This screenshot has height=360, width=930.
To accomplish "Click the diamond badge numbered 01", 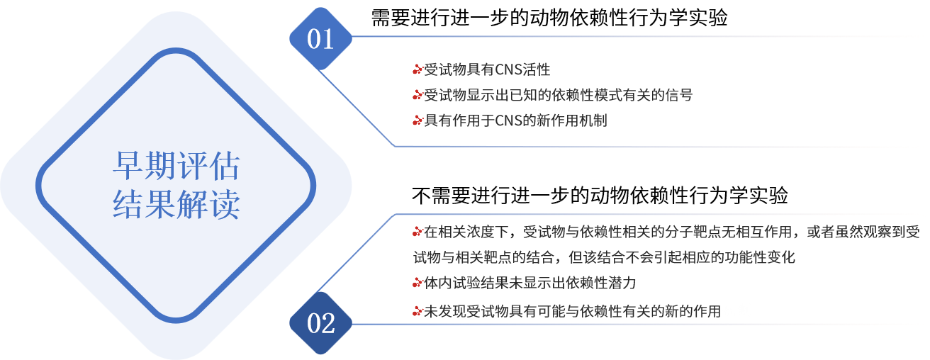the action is pos(320,38).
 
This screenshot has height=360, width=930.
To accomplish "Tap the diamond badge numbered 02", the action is pos(320,323).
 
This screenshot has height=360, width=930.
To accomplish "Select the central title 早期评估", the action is pos(177,166).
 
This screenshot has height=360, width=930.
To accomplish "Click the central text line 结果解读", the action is pos(177,204).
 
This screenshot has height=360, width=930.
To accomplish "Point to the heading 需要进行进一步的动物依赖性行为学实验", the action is pos(549,18).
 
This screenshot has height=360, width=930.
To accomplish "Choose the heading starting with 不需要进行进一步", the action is pos(600,195).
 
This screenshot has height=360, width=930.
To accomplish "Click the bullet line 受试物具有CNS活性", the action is pos(487,69).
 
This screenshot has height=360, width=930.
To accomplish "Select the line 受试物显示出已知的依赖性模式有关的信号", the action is pos(558,95).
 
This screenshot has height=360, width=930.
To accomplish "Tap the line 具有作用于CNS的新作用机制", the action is pos(515,120).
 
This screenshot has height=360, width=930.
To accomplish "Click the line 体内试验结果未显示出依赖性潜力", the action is pos(530,283).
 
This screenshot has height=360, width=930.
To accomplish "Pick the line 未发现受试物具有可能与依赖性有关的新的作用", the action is pos(572,311).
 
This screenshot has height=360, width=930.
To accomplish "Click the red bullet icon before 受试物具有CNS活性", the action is pos(418,69).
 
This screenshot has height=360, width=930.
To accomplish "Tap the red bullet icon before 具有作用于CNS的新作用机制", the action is pos(418,121).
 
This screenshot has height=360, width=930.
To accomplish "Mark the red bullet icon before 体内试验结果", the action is pos(418,283).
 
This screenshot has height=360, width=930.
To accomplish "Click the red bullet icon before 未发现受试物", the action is pos(418,311).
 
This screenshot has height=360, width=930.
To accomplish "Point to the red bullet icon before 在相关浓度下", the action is pos(418,232).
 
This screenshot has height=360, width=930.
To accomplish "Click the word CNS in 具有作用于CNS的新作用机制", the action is pos(509,120).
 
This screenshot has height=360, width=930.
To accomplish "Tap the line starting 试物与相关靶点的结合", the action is pos(604,257).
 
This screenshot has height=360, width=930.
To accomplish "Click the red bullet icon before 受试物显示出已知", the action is pos(418,96).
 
